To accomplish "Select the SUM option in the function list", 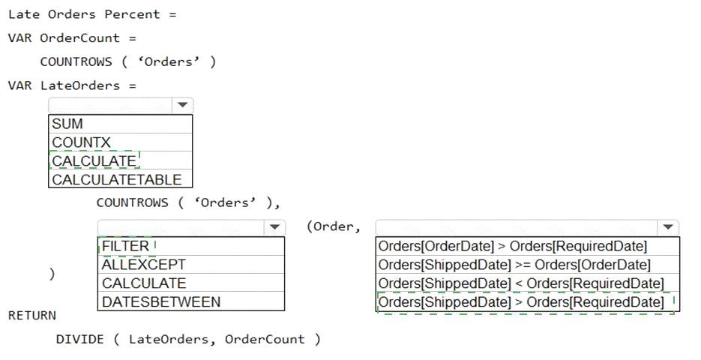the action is point(67,124).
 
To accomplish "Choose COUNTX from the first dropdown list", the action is point(81,142).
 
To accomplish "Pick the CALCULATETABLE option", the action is point(117,179).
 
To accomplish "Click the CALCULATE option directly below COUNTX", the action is point(94,161).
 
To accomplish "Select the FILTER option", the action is point(125,246).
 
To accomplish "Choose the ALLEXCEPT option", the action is point(143,265).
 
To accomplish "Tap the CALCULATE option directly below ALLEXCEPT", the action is point(143,283).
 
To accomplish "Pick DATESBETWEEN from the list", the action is point(161,301).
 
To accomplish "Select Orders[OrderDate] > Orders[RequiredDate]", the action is point(512,246).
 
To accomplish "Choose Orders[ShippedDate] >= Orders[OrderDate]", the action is point(514,265).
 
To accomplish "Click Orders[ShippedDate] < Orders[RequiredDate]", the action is point(521,283).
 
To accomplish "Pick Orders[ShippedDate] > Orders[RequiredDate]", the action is point(521,301).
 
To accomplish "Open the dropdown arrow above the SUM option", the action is point(182,105).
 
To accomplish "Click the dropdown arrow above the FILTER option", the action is point(274,227).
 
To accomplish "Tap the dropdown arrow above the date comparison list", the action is point(668,227).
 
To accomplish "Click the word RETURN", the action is point(32,315).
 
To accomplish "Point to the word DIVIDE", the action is point(79,339).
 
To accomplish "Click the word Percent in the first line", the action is point(132,14).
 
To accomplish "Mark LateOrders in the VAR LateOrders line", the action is point(80,85).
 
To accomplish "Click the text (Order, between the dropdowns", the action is point(334,226).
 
